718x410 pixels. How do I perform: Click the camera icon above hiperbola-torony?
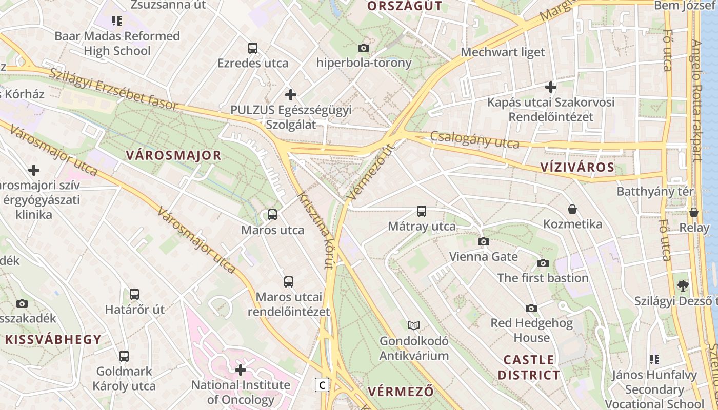point(363,48)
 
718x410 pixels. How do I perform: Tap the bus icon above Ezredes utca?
point(253,48)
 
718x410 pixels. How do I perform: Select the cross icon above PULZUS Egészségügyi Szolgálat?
point(291,95)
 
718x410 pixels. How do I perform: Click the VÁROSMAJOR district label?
point(174,155)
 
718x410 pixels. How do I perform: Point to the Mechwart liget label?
point(503,52)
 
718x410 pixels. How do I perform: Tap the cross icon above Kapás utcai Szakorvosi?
point(551,87)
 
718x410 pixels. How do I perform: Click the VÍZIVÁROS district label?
point(577,167)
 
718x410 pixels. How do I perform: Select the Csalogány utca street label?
point(475,139)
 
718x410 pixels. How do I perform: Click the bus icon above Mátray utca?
point(422,211)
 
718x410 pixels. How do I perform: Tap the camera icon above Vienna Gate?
point(483,241)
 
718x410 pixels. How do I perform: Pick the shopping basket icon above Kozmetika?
point(572,209)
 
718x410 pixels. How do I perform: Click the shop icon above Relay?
point(694,212)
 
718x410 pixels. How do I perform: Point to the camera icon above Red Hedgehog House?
point(531,308)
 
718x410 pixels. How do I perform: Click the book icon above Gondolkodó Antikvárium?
point(414,325)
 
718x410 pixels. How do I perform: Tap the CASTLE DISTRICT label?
point(529,367)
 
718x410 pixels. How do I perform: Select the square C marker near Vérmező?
point(322,385)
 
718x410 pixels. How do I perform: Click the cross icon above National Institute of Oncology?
point(241,370)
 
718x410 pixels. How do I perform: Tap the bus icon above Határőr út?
point(134,294)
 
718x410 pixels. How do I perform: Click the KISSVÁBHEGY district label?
point(53,339)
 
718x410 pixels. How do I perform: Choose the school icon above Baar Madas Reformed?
point(117,21)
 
